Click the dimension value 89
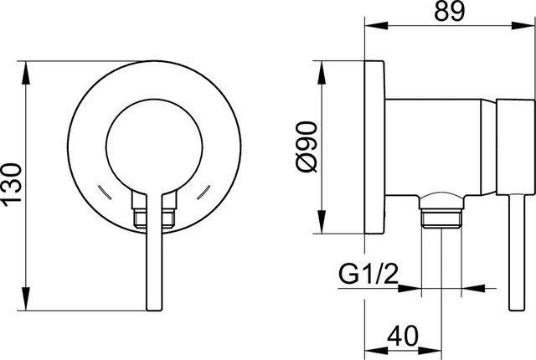[x=450, y=11]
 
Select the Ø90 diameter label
[x=306, y=147]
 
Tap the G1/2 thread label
[x=368, y=274]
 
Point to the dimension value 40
[x=402, y=336]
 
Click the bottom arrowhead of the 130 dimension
[x=26, y=299]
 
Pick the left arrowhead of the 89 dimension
[x=376, y=25]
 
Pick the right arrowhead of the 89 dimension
[x=523, y=25]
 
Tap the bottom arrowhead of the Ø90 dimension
[x=322, y=222]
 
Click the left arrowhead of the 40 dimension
[x=376, y=351]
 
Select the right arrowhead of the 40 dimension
[x=430, y=351]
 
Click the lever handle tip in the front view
[x=154, y=309]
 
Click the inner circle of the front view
[x=106, y=147]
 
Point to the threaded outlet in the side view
[x=441, y=218]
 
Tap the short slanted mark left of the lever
[x=105, y=192]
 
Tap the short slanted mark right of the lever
[x=204, y=192]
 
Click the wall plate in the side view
[x=374, y=147]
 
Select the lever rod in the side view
[x=517, y=253]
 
